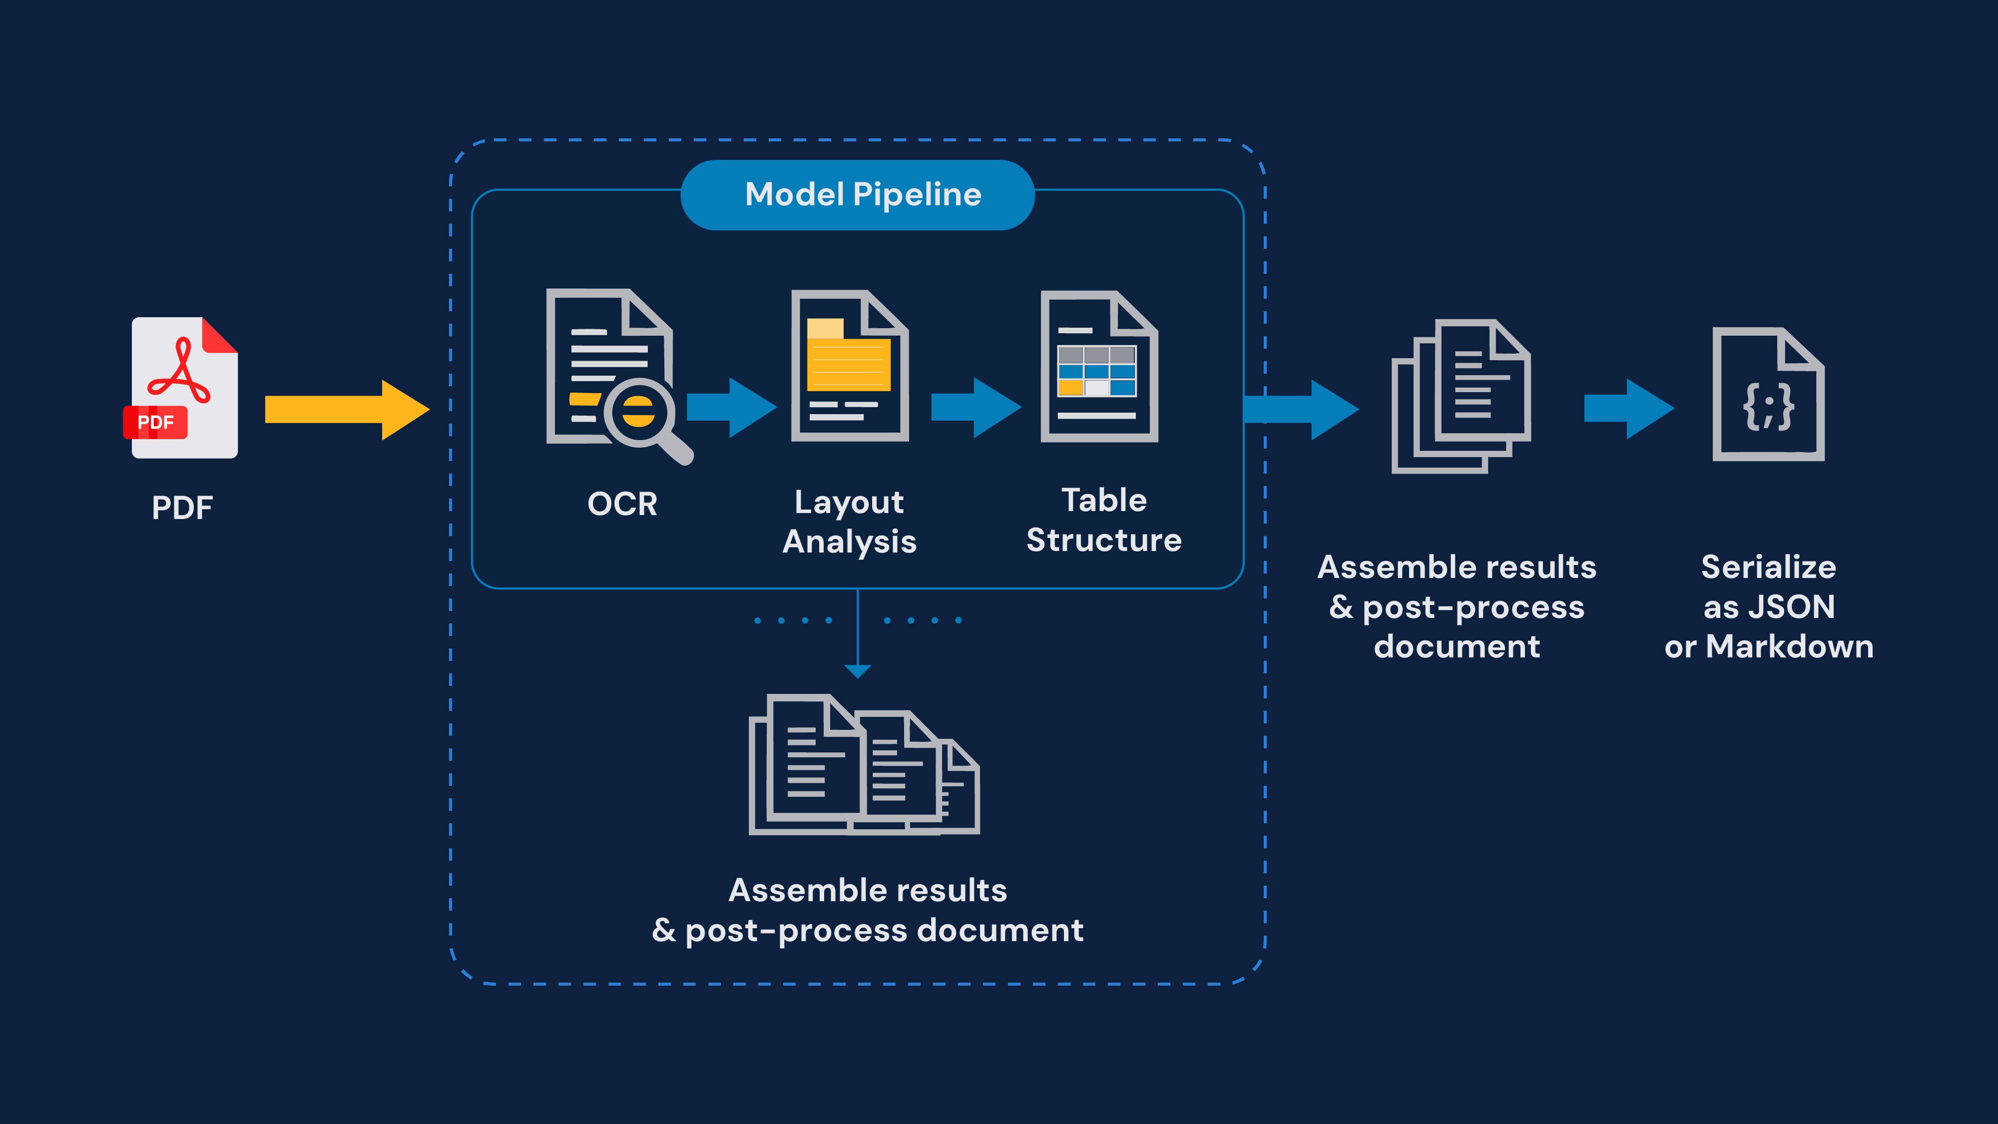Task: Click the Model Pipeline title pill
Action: [857, 195]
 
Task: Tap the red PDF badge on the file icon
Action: [155, 422]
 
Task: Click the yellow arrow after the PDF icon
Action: [346, 410]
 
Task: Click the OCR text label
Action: [622, 504]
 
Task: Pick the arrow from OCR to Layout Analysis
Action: [731, 407]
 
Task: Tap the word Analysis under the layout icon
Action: [849, 542]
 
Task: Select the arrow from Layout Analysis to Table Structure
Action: [975, 407]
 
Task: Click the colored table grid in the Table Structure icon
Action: [1097, 371]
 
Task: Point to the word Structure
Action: [1104, 540]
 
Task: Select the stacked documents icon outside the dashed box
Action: [1461, 396]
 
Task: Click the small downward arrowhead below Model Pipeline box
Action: [857, 671]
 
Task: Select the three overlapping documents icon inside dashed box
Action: [863, 764]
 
